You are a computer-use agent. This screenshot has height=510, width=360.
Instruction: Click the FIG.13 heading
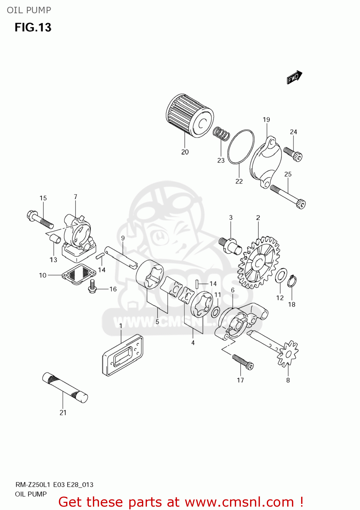point(33,27)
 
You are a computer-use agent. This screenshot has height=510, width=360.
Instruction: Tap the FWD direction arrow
point(294,78)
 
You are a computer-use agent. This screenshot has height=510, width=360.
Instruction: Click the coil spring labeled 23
point(221,134)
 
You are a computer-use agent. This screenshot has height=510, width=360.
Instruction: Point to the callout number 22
point(239,182)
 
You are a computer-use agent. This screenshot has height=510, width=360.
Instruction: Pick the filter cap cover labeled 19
point(266,161)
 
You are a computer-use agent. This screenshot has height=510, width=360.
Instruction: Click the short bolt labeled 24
point(293,154)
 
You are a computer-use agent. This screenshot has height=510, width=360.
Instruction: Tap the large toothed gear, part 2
point(259,262)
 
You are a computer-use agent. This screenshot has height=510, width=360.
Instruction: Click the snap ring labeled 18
point(292,282)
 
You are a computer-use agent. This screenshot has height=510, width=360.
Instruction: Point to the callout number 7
point(75,197)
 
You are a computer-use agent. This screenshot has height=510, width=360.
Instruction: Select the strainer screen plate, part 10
point(79,273)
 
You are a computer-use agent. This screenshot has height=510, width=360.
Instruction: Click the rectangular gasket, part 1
point(122,355)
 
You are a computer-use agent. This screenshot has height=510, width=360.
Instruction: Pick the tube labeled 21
point(65,388)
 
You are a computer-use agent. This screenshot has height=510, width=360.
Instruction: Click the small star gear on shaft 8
point(288,354)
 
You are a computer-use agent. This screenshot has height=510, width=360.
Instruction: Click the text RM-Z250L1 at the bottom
point(33,485)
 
